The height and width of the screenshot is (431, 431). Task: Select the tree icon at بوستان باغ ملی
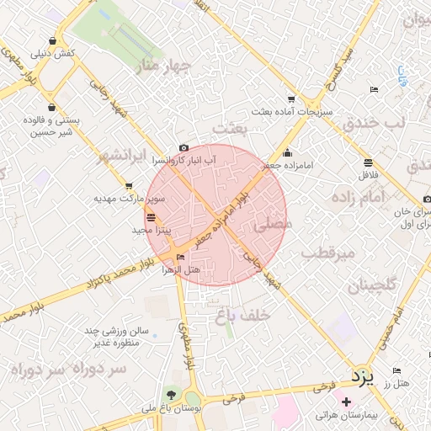[x=172, y=394]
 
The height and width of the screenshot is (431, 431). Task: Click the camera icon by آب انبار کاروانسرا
[x=184, y=148]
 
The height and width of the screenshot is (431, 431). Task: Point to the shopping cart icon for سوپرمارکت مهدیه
[x=129, y=187]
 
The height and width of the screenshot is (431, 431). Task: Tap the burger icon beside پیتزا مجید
[x=151, y=216]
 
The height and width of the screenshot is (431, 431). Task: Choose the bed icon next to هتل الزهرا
[x=180, y=258]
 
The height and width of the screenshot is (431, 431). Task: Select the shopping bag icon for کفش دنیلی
[x=53, y=40]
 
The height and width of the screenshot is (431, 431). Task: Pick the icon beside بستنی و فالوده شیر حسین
[x=53, y=108]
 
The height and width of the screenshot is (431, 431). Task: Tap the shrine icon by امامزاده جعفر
[x=288, y=153]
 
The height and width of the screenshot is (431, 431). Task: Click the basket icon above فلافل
[x=368, y=162]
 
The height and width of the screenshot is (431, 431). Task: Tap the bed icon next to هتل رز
[x=396, y=371]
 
